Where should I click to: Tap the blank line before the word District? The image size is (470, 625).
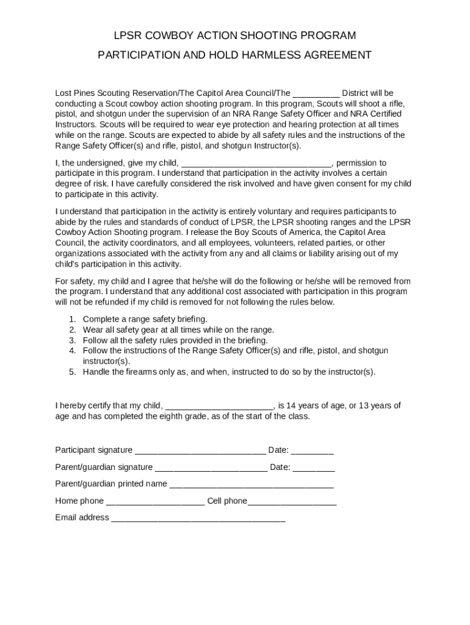(316, 94)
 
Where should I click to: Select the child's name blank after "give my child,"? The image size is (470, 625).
(256, 164)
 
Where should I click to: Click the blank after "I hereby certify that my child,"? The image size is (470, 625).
(219, 406)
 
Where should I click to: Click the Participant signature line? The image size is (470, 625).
(200, 451)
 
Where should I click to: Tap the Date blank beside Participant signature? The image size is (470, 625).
(312, 451)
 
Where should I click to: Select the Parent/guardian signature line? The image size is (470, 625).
(211, 468)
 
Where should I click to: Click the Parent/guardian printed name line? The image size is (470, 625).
(251, 485)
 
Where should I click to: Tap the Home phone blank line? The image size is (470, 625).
(155, 502)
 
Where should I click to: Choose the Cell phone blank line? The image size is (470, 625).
(292, 502)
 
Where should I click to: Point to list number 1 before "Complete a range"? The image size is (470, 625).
(72, 319)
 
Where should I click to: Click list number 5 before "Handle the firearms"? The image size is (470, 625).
(72, 372)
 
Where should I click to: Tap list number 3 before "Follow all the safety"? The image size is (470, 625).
(72, 341)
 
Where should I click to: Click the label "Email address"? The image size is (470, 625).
(82, 518)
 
